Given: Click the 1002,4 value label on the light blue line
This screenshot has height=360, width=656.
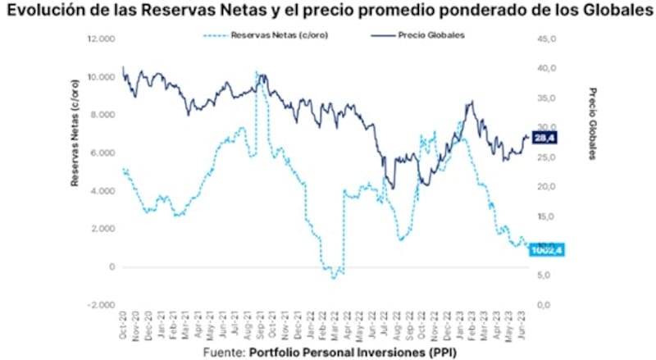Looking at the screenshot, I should tap(544, 248).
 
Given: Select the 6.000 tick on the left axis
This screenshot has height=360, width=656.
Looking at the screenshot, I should tap(102, 153).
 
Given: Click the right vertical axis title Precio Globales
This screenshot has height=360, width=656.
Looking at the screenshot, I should tap(592, 123).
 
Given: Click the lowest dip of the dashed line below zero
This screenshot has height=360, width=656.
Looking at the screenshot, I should tap(334, 279).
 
